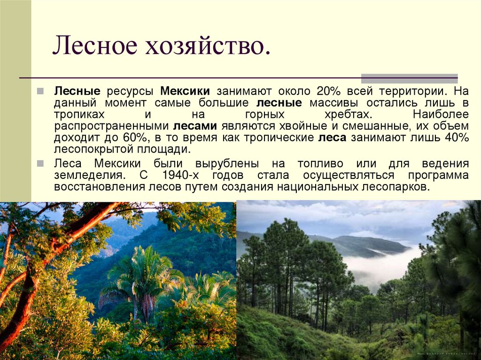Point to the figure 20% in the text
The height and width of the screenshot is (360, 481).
[x=329, y=90]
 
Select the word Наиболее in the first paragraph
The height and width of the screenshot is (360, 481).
[x=441, y=114]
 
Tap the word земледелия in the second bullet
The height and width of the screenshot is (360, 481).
[x=90, y=175]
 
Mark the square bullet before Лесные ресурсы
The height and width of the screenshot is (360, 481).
[x=41, y=90]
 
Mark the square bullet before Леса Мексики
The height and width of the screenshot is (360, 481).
[x=41, y=163]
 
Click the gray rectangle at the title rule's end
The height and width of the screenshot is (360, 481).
[x=409, y=78]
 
